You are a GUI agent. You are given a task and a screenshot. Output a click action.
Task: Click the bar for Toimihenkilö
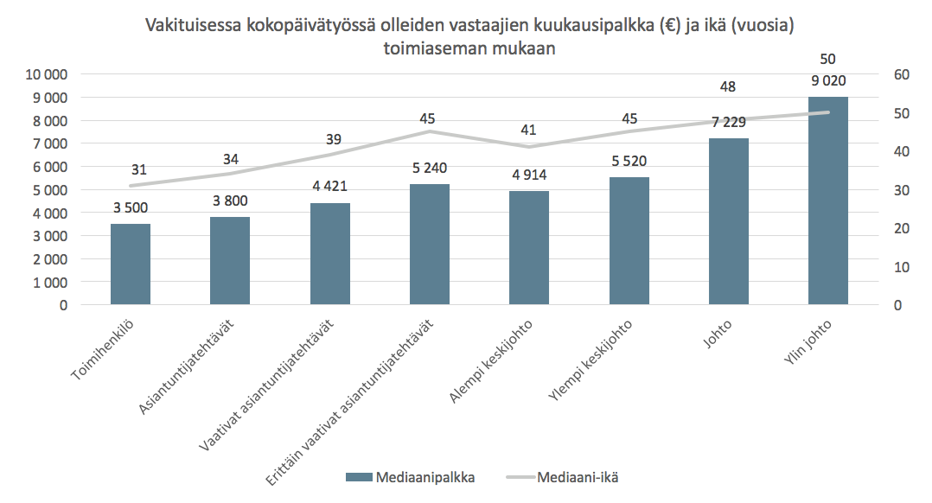pos(131,264)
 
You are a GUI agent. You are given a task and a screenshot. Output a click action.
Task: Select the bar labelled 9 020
pos(827,201)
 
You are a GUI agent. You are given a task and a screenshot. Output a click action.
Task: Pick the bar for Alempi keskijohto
pos(529,248)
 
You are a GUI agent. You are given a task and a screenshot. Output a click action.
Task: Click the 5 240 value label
pos(430,168)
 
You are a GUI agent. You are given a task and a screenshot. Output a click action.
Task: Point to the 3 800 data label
pos(230,201)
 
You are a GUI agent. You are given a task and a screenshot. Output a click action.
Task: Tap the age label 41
pos(529,131)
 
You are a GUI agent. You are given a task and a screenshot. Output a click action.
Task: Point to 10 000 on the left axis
pos(45,75)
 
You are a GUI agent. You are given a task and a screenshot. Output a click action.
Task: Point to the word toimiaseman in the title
pos(427,49)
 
